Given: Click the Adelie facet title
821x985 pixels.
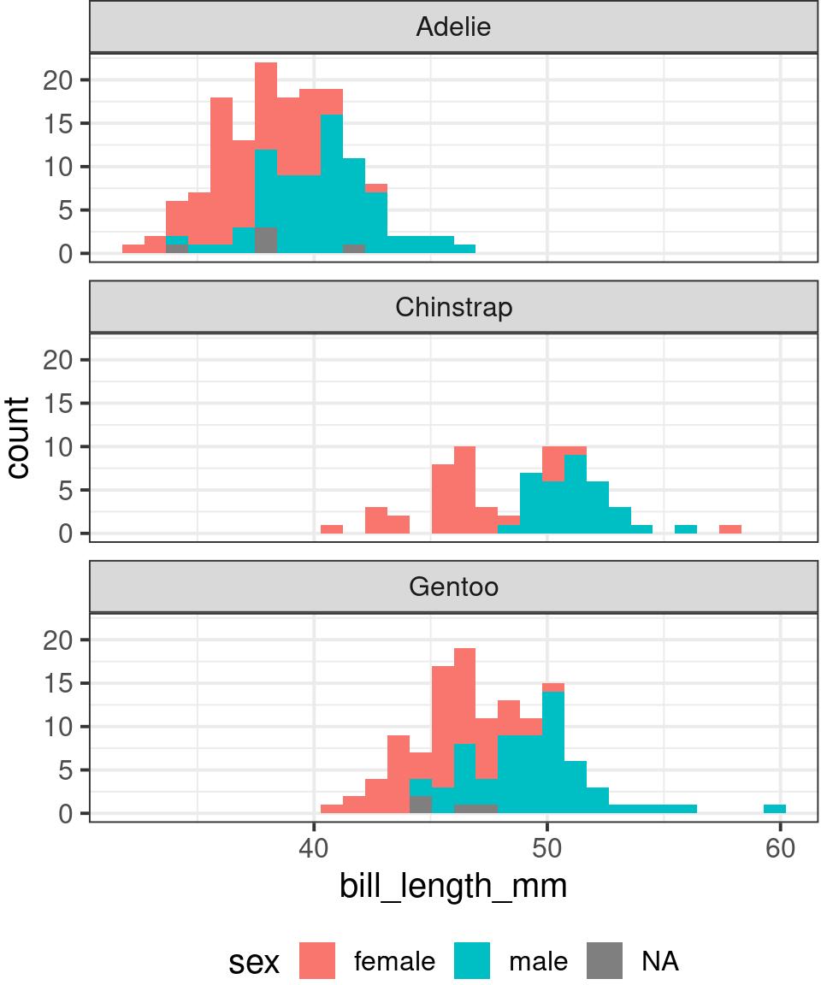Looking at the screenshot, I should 453,27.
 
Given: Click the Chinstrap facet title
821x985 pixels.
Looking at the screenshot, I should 453,307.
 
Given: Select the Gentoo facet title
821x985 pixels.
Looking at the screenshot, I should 453,587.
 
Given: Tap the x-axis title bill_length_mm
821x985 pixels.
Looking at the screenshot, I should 453,887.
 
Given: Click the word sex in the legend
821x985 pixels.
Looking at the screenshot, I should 254,963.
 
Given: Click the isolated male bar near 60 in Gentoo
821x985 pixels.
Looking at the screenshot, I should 775,809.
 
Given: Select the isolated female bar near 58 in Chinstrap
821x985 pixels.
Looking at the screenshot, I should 729,529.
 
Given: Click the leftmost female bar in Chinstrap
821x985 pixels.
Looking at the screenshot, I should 332,529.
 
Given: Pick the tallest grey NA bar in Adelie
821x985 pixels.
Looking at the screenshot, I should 266,240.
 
